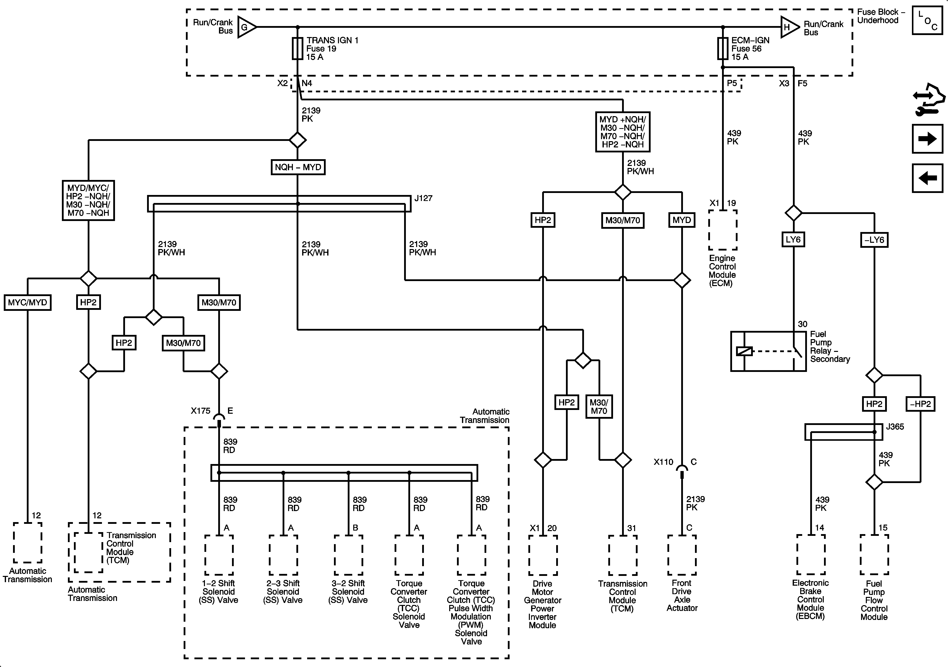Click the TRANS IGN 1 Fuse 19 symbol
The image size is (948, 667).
click(x=298, y=49)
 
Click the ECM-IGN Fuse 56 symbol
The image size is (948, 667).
click(x=723, y=49)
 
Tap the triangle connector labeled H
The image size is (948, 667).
click(x=789, y=27)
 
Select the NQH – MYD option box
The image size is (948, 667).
click(x=298, y=167)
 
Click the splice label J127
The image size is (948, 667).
click(x=423, y=198)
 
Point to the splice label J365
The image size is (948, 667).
click(x=895, y=426)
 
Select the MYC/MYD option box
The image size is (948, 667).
click(x=28, y=302)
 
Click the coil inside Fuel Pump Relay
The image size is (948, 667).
click(x=744, y=351)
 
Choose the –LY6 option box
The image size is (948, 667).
click(x=874, y=240)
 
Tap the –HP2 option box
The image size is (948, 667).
click(x=920, y=404)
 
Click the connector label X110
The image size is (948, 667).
click(x=663, y=462)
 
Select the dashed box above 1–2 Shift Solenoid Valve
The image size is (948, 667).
click(x=219, y=555)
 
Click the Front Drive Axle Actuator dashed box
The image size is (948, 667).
click(x=682, y=555)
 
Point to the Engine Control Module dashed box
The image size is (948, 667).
click(x=723, y=230)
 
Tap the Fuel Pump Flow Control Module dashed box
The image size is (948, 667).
click(x=874, y=555)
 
